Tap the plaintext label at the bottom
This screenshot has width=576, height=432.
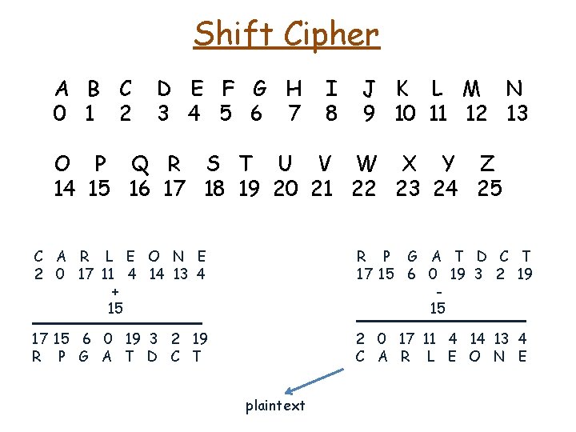click(x=275, y=406)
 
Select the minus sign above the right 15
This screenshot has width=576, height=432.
click(x=438, y=292)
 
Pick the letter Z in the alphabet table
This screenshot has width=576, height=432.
click(x=486, y=164)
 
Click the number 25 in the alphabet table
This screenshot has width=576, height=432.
click(x=489, y=189)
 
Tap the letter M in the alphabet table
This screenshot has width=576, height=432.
click(x=472, y=88)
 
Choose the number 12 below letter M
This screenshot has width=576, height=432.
click(x=476, y=114)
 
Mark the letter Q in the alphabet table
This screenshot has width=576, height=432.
click(x=139, y=164)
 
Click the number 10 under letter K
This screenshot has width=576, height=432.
click(x=405, y=114)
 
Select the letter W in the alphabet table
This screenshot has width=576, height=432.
click(x=366, y=164)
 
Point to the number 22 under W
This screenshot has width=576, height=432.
click(x=364, y=189)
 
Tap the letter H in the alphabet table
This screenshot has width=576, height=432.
click(x=294, y=88)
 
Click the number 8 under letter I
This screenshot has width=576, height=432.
click(x=331, y=114)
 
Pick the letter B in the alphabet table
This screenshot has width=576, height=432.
click(x=94, y=88)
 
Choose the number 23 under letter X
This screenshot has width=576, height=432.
click(x=408, y=189)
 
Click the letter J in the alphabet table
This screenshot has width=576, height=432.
click(x=369, y=88)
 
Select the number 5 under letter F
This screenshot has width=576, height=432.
click(x=225, y=114)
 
